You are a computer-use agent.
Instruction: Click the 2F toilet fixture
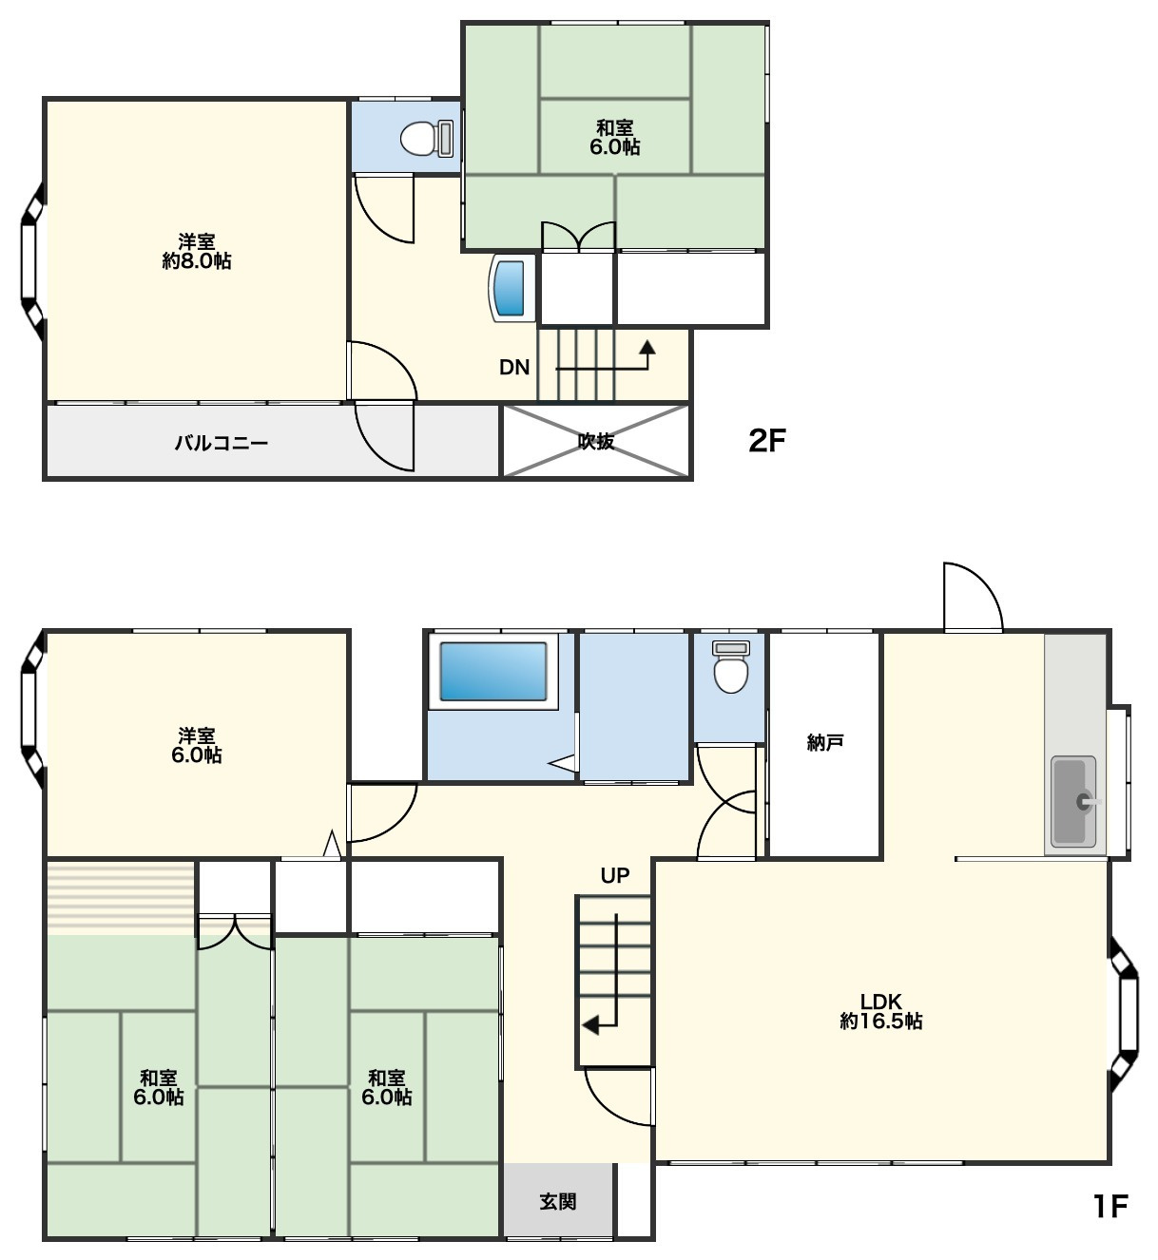coord(427,138)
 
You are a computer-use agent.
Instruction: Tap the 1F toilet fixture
coord(730,666)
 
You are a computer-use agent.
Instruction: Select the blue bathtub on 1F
coord(492,671)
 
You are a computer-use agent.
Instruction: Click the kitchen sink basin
coord(1073,802)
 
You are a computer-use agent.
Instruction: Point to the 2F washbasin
coord(511,288)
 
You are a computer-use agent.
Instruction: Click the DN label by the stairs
coord(514,368)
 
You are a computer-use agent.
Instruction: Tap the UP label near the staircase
coord(615,875)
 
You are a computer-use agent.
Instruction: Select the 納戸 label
coord(825,743)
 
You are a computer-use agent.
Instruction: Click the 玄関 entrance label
coord(558,1202)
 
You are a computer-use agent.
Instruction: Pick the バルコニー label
coord(222,444)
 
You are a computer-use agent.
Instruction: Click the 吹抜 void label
coord(596,442)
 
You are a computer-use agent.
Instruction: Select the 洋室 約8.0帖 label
coord(197,251)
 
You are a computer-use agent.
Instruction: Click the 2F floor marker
coord(767,441)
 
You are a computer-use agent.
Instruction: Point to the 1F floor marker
coord(1110,1206)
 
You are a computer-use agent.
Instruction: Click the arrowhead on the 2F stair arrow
coord(647,347)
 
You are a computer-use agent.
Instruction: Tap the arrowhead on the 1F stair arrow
coord(590,1026)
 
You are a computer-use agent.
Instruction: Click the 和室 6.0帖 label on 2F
coord(615,138)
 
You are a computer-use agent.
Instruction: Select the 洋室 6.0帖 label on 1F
coord(197,746)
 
